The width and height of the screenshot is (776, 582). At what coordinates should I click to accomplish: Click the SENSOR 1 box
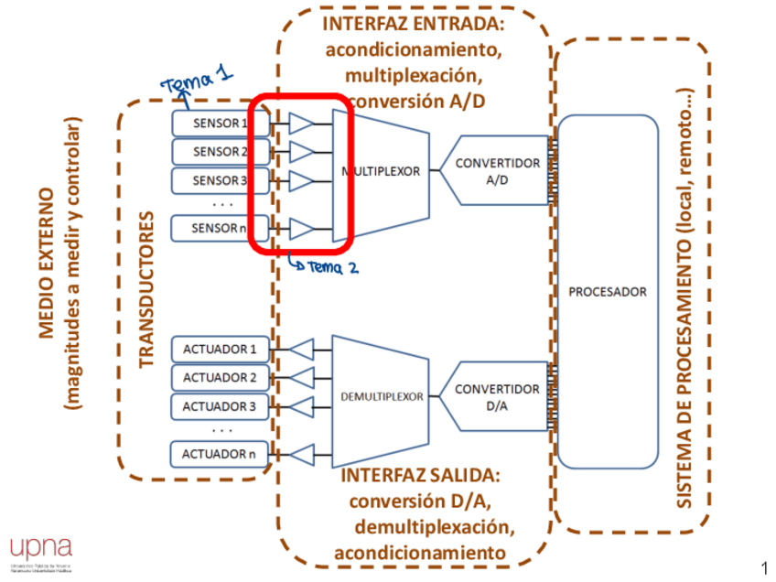coord(220,123)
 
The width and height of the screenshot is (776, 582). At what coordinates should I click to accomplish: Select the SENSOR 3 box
coord(220,180)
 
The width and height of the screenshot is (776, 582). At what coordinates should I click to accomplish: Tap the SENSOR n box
coord(220,228)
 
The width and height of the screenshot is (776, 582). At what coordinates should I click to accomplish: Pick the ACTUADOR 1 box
coord(220,349)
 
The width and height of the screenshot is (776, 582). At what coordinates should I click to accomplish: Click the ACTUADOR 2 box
coord(220,377)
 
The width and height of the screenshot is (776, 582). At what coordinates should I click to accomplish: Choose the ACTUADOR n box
coord(220,453)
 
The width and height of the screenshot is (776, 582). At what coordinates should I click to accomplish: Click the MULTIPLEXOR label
coord(382,172)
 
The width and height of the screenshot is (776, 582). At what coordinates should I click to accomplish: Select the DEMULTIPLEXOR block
coord(382,397)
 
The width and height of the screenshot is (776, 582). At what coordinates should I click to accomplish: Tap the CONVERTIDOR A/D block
coord(497,171)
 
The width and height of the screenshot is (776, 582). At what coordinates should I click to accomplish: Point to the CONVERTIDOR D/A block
coord(497,396)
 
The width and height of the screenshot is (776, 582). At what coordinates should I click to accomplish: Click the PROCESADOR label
coord(608,292)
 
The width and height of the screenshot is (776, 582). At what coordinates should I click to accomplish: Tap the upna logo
coord(40,547)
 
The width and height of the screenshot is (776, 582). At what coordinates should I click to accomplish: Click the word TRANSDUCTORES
coord(145,292)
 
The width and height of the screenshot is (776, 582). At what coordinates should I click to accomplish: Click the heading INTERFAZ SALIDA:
coord(420,476)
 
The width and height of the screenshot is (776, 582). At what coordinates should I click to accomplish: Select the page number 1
coord(764,566)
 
